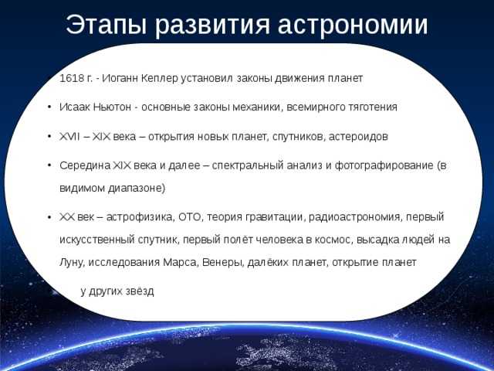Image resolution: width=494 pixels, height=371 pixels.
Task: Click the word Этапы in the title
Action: coord(107,26)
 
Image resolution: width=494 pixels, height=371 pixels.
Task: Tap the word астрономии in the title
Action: coord(353,26)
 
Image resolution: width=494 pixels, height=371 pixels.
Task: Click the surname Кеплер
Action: coord(160,78)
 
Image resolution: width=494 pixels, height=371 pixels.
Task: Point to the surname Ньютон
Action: coord(112,107)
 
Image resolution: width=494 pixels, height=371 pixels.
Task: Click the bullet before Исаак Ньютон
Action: coord(49,107)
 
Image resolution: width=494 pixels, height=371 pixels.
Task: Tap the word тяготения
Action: coord(373,107)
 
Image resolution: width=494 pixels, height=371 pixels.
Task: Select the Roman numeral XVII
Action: coord(69,137)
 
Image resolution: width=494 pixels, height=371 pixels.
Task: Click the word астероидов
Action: coord(358,137)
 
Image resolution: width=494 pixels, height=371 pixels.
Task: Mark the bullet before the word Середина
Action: coord(49,165)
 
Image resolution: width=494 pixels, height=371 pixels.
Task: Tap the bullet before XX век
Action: coord(49,217)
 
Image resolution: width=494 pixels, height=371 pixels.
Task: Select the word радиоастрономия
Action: coord(356,217)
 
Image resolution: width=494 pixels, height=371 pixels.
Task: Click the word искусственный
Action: coord(97,240)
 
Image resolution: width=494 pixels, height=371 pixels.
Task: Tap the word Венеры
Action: coord(223,263)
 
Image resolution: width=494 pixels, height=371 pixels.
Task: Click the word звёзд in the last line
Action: coord(140,291)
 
